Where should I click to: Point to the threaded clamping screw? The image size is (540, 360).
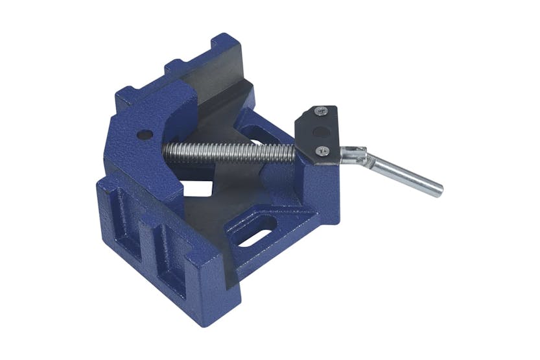(x=227, y=152)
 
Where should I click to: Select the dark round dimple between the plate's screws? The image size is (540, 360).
(x=319, y=132)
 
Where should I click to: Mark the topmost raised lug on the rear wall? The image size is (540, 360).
(x=223, y=43)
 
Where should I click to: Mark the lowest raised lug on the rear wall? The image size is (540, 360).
(x=127, y=96)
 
